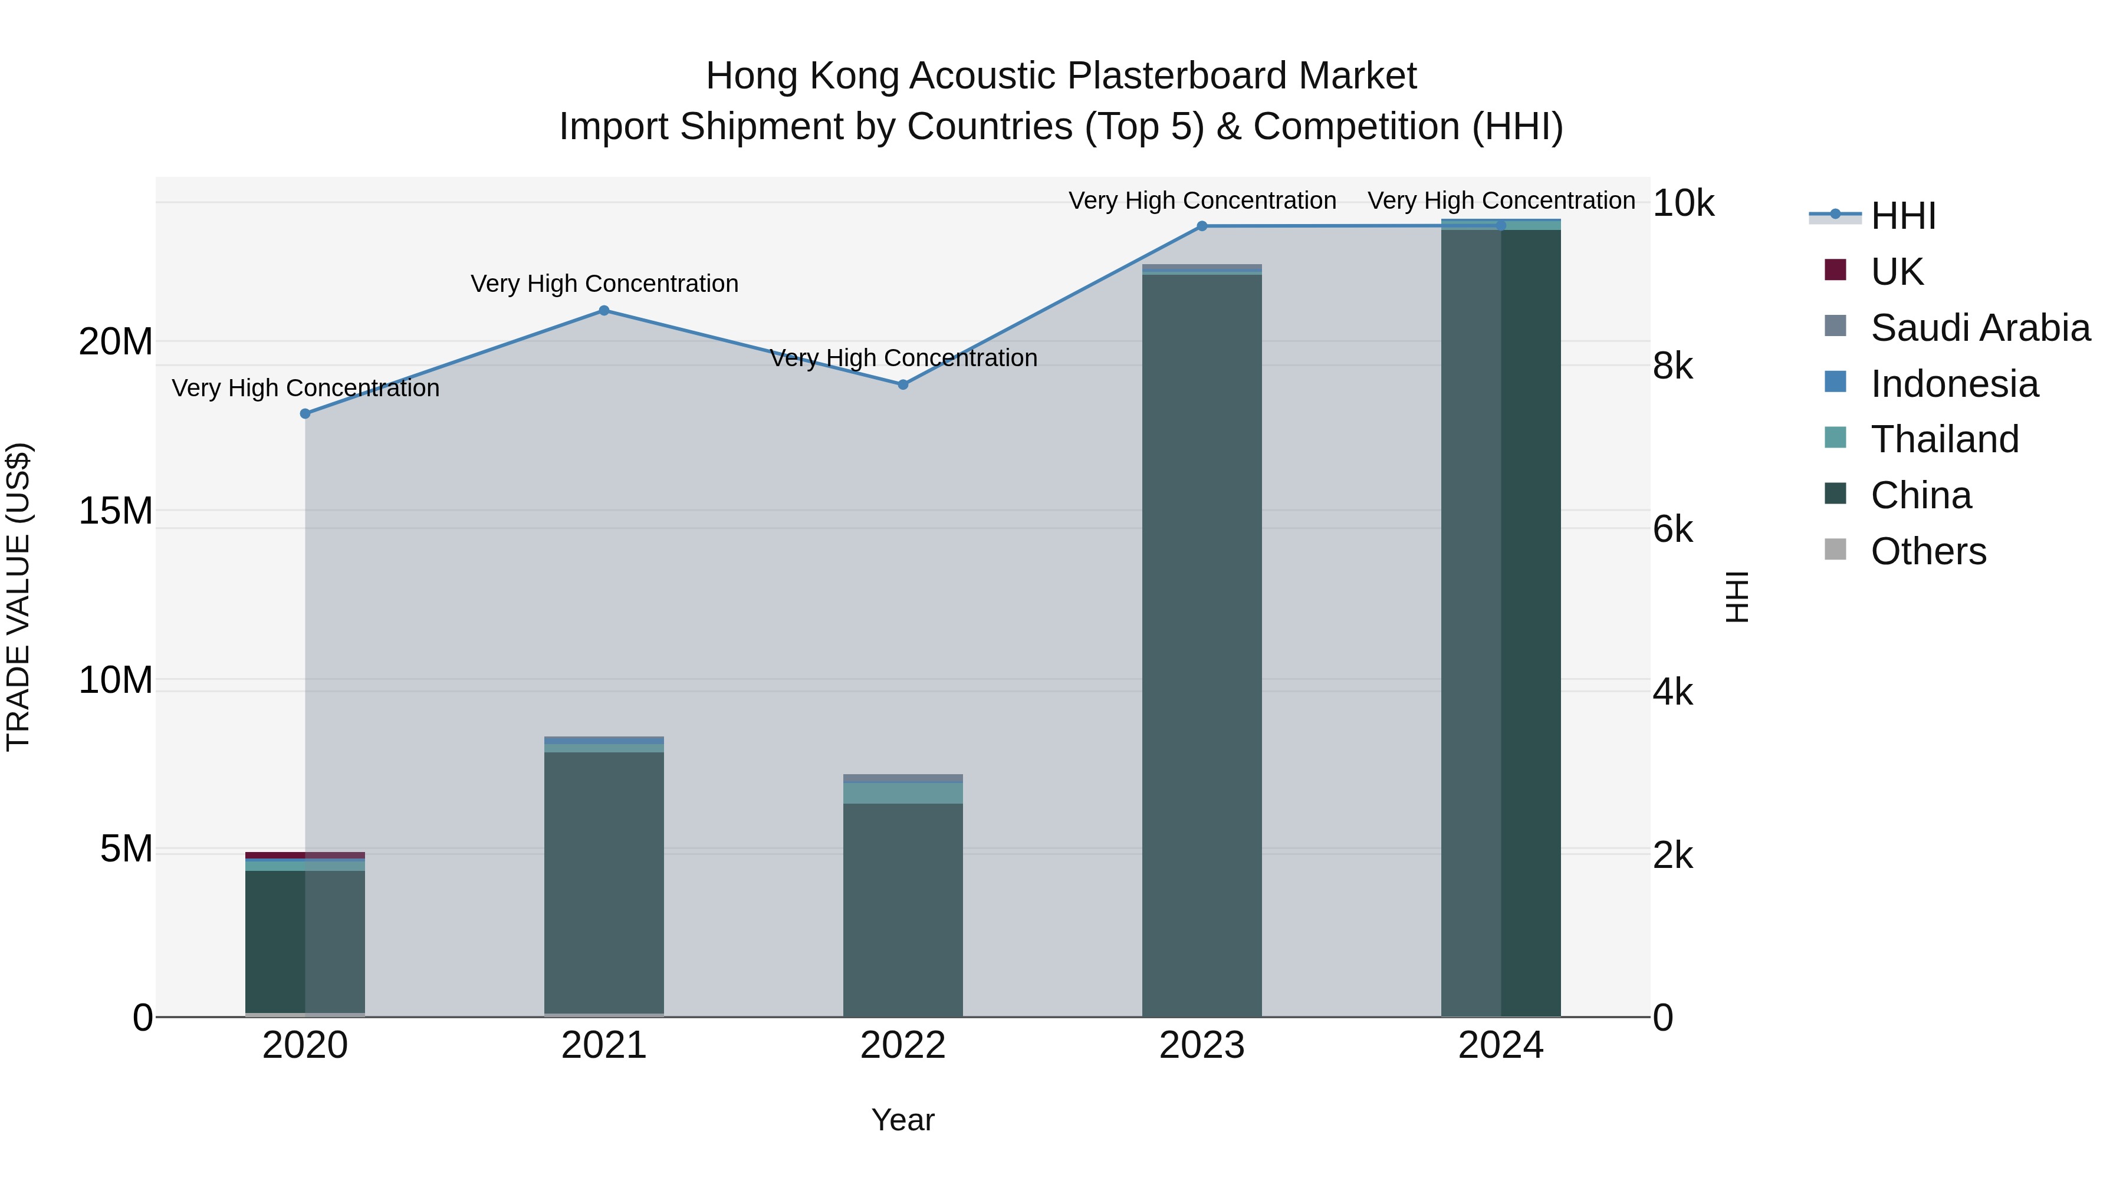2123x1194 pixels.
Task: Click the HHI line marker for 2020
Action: [x=305, y=414]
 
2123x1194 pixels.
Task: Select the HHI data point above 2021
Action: [x=604, y=311]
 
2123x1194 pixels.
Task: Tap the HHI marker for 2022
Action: [x=902, y=385]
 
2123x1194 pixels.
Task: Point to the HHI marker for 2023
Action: [x=1202, y=226]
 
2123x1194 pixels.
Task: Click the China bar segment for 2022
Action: [x=902, y=906]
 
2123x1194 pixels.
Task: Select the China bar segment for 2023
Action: [x=1202, y=643]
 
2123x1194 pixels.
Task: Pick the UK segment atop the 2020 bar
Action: [x=305, y=856]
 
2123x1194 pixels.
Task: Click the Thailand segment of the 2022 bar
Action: [x=902, y=792]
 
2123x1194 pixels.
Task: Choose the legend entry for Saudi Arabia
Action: [x=1978, y=328]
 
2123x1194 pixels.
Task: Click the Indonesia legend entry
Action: [x=1953, y=384]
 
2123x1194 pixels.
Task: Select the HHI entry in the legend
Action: [x=1902, y=216]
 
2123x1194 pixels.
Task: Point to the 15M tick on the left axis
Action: [x=116, y=511]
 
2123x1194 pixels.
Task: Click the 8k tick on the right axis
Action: [x=1673, y=366]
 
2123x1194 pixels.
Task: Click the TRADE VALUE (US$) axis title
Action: [x=18, y=597]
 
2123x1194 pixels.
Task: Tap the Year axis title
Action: [x=902, y=1120]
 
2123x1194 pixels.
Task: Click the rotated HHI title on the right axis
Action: [x=1737, y=597]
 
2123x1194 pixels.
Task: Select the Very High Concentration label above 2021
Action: [x=604, y=284]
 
